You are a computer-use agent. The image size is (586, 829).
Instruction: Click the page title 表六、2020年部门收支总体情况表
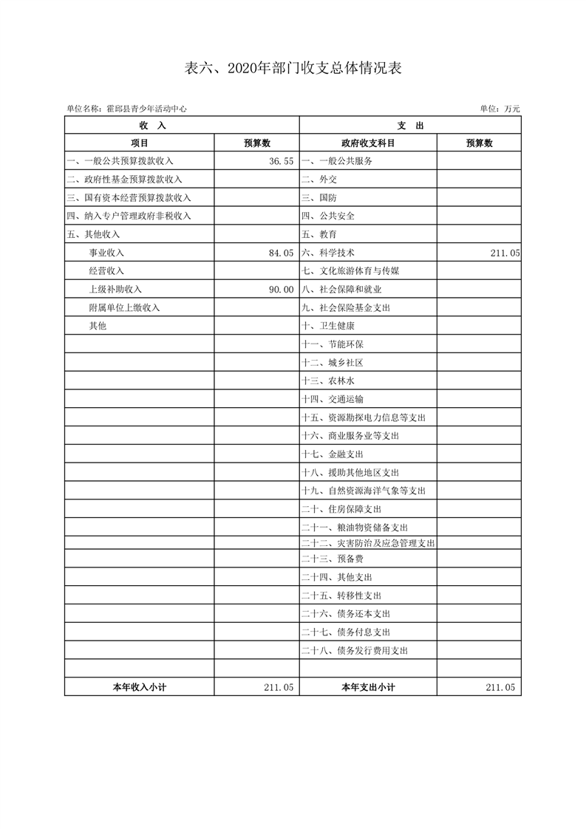coord(293,69)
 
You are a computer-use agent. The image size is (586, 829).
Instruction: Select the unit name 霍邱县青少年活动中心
coord(146,109)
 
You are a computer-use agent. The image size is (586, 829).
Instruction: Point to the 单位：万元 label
coord(500,109)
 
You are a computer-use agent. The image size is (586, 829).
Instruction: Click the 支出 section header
coord(410,126)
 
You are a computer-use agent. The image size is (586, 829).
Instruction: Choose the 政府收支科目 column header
coord(368,143)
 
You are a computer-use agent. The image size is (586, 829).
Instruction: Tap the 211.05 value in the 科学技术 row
coord(505,253)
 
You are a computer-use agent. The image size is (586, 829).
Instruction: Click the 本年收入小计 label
coord(139,687)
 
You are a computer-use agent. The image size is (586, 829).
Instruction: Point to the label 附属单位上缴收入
coord(124,307)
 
